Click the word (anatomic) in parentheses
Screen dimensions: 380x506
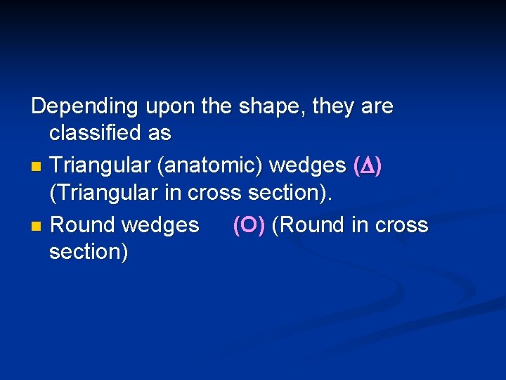210,167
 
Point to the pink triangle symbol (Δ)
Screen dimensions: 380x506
368,167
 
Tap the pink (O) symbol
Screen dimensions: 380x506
249,225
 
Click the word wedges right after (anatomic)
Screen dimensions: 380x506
308,167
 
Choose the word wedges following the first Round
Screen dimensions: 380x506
160,225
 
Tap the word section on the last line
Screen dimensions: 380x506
88,251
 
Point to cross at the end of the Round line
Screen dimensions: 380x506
401,225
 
